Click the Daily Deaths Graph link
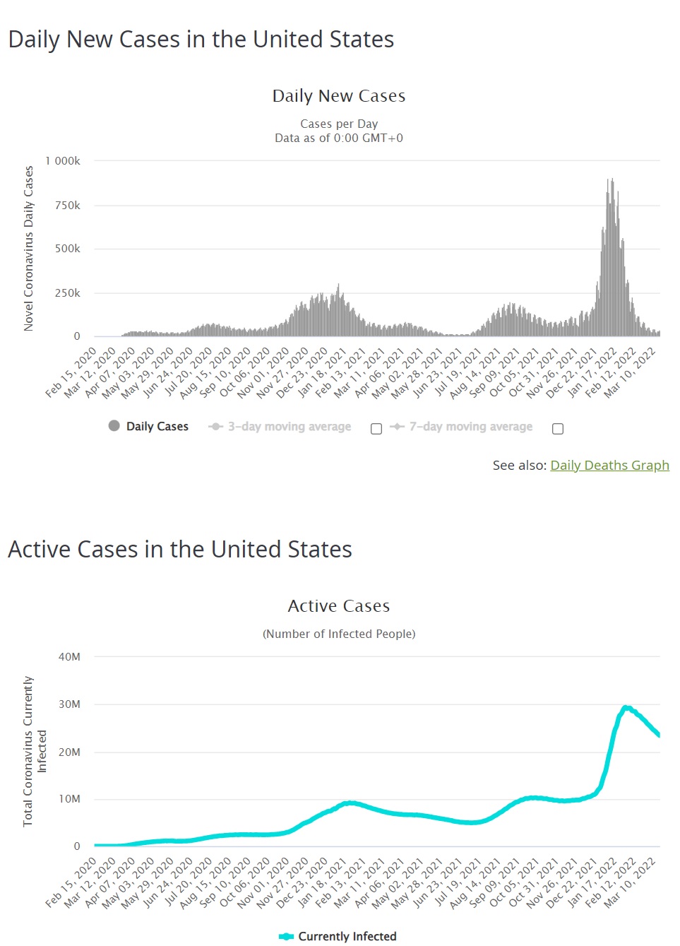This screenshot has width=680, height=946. [609, 465]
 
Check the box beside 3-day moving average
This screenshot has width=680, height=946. [376, 429]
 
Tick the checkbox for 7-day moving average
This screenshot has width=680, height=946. [558, 429]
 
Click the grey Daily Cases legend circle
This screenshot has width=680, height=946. [114, 425]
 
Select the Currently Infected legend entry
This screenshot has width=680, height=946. [338, 936]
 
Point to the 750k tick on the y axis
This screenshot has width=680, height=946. [68, 206]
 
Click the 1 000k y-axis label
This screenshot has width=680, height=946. [63, 161]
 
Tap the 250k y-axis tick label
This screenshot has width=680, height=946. [68, 293]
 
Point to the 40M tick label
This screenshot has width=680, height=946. [69, 657]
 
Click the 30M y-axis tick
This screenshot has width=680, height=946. [69, 704]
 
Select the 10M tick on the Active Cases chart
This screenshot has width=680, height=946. [69, 799]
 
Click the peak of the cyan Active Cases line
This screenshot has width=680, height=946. [626, 707]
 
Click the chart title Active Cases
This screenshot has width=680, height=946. [339, 606]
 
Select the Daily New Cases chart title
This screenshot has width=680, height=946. [339, 96]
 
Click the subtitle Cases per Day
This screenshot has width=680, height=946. [339, 124]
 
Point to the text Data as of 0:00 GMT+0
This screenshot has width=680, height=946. [339, 138]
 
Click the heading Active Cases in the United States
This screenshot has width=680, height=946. [180, 549]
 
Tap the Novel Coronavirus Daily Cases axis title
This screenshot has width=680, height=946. [29, 249]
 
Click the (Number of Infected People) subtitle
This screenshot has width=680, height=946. [339, 634]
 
